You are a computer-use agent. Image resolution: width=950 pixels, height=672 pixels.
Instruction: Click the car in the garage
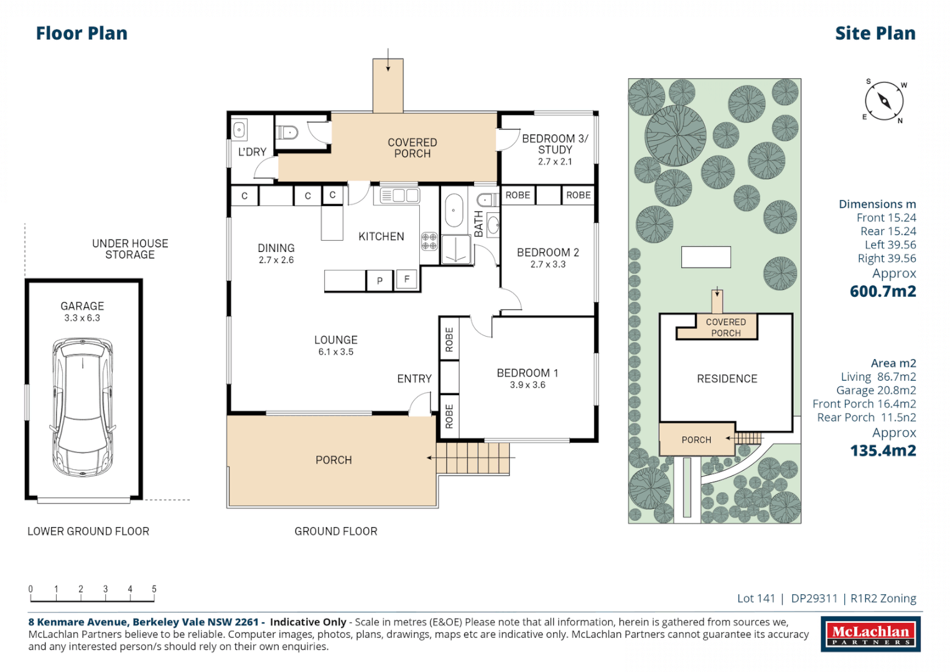click(83, 408)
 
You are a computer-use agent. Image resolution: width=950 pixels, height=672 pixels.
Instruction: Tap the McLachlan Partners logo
click(871, 634)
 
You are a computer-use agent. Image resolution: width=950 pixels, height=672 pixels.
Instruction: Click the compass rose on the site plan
click(884, 101)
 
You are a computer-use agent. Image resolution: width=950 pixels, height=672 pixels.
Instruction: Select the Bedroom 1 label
click(528, 373)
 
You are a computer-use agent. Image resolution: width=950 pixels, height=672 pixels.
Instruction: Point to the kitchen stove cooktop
click(429, 241)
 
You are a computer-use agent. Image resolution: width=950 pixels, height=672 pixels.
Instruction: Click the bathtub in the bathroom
click(454, 211)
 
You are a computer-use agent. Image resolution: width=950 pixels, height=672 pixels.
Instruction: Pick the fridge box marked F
click(407, 279)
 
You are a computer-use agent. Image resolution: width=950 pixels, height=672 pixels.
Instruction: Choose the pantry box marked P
click(380, 281)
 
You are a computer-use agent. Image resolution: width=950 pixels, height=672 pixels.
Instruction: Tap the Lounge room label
click(336, 340)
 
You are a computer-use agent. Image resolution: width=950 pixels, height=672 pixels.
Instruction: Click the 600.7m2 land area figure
click(883, 291)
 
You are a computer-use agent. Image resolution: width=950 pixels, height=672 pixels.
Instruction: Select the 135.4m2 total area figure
click(883, 450)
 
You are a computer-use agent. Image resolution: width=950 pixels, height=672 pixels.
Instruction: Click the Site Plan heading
click(875, 34)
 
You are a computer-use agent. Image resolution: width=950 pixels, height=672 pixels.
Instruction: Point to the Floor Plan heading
click(82, 34)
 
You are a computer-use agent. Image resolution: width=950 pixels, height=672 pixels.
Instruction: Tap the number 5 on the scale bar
click(154, 589)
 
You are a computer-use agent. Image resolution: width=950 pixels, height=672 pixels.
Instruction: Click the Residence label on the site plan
click(727, 379)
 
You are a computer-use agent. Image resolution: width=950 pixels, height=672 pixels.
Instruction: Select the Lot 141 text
click(756, 598)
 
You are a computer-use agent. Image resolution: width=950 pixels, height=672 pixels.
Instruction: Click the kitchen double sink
click(399, 195)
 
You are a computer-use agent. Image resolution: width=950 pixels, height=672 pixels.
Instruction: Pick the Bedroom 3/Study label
click(555, 144)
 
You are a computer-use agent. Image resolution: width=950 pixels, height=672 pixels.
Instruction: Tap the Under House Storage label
click(130, 249)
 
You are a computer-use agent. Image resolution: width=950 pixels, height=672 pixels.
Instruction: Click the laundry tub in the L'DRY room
click(240, 129)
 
